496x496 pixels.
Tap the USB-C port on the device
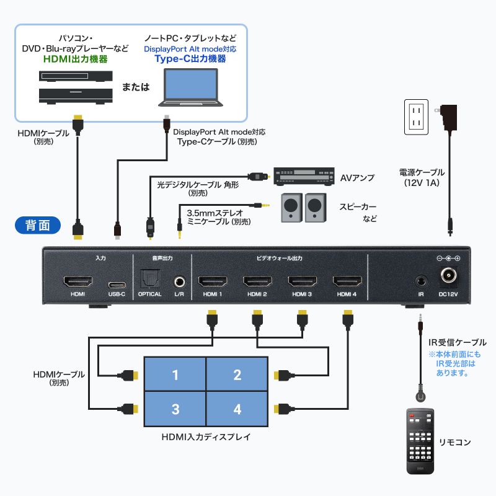(x=117, y=281)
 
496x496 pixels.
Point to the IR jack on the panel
(x=420, y=281)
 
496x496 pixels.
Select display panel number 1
(x=175, y=374)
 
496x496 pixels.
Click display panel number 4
(x=237, y=409)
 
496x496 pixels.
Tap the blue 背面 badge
(x=37, y=224)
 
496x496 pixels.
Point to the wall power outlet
(x=417, y=117)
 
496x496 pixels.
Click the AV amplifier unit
(x=301, y=177)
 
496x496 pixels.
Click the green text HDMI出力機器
(x=76, y=60)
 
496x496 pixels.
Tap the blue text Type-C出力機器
(x=190, y=60)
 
